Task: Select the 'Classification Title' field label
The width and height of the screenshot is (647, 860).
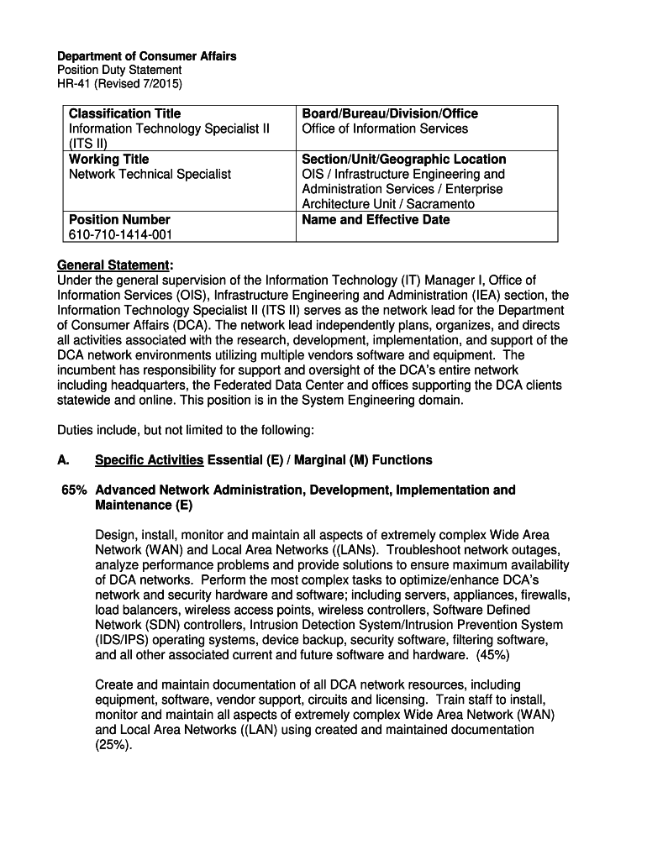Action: pyautogui.click(x=124, y=113)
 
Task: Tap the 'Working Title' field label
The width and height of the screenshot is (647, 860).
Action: pyautogui.click(x=109, y=159)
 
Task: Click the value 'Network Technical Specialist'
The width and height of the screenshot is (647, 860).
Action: pyautogui.click(x=150, y=174)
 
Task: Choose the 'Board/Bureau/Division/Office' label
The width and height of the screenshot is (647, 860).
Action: pyautogui.click(x=390, y=113)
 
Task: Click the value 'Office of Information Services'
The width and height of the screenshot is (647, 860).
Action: pyautogui.click(x=385, y=128)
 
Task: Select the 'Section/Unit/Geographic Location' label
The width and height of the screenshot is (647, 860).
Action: pyautogui.click(x=404, y=159)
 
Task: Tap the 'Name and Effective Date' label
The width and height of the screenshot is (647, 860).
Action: pyautogui.click(x=376, y=219)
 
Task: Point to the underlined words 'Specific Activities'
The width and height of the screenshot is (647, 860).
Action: pyautogui.click(x=149, y=460)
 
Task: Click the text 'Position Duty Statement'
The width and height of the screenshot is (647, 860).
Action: pyautogui.click(x=119, y=71)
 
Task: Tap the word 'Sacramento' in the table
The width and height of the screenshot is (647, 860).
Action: pyautogui.click(x=441, y=204)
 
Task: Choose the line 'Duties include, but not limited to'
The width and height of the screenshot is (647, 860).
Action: pyautogui.click(x=185, y=430)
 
